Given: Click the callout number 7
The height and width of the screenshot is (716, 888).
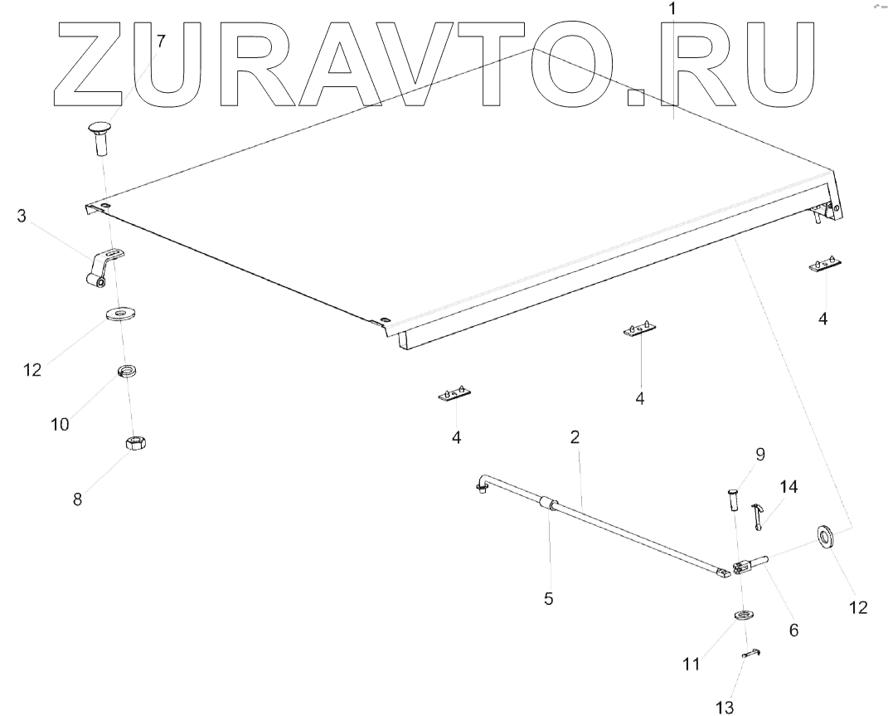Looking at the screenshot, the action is tap(161, 40).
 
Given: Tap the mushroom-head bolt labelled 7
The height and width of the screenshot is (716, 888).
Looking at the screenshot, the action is tap(101, 137).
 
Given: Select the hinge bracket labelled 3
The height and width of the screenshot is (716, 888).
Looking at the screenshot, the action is tap(104, 267).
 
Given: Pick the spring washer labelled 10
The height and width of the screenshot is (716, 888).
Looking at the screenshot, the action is tap(128, 370).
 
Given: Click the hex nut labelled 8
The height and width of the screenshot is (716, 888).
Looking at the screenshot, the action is tap(136, 443).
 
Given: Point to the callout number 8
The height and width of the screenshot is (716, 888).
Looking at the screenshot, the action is tap(77, 499).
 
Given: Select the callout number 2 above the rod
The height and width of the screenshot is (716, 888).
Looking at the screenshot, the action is tap(574, 436).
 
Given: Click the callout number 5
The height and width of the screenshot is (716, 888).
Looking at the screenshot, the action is tap(548, 597).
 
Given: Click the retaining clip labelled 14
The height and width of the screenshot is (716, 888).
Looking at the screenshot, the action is tap(756, 514).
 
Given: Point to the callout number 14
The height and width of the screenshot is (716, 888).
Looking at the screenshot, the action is tap(788, 487).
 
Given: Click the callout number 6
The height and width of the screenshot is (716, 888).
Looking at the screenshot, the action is tap(793, 631).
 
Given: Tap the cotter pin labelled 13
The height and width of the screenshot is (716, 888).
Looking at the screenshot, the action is tap(751, 654).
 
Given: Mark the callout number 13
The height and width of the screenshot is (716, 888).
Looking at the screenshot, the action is tap(725, 707).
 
